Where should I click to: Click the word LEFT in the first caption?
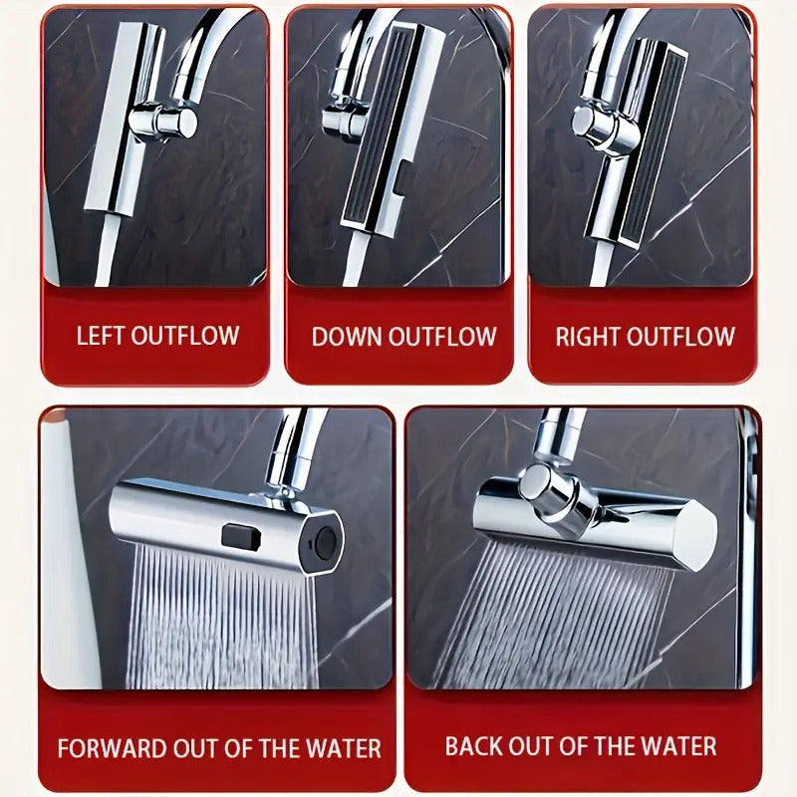coord(101,335)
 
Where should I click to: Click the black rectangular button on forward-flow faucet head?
coord(239,536)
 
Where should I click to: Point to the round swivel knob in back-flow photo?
coord(545,488)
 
